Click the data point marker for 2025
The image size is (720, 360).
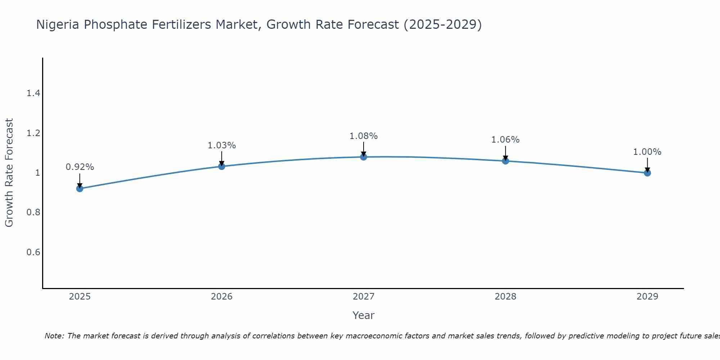(80, 189)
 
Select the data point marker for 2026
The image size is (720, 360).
(222, 166)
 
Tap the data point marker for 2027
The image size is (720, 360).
(364, 157)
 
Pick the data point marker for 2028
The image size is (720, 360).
(505, 161)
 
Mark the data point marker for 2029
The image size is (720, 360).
(647, 173)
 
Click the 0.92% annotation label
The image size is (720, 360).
(80, 167)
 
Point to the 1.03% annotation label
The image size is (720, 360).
(222, 145)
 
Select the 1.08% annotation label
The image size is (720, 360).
(364, 136)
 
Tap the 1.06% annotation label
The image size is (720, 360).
(505, 140)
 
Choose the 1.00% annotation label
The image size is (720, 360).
(647, 152)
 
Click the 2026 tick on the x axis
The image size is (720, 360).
(222, 297)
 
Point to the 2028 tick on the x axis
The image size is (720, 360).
(505, 297)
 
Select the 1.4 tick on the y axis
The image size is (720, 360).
(33, 94)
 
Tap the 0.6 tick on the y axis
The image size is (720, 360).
(33, 252)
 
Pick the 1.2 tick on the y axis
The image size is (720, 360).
(33, 133)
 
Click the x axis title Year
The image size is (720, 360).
(364, 315)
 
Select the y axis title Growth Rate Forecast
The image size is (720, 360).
(9, 173)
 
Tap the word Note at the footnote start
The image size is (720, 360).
(54, 336)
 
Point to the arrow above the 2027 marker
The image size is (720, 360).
(364, 148)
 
